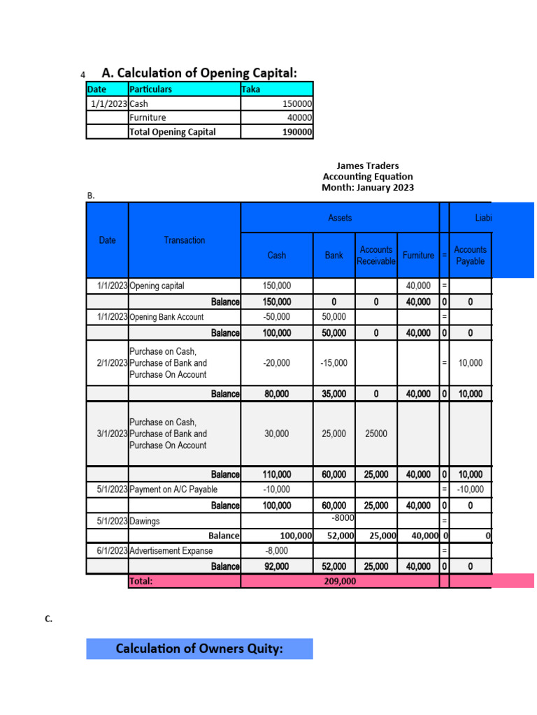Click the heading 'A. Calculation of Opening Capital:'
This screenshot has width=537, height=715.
[199, 73]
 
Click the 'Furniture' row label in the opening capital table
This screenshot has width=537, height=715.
[148, 117]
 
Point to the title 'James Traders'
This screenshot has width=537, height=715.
[368, 165]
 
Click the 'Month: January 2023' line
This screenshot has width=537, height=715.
[368, 187]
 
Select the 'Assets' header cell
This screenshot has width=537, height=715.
[340, 218]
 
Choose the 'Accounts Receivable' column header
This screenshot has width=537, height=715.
[376, 255]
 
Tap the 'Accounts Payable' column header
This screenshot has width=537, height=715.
[470, 255]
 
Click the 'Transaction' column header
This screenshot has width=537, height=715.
[185, 240]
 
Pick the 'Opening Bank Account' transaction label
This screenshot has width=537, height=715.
[166, 317]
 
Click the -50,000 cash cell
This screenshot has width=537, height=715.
[277, 317]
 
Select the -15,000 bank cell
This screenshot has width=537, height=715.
[334, 363]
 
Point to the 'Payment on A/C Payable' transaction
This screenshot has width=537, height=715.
[173, 489]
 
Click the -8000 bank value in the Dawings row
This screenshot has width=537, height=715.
[343, 518]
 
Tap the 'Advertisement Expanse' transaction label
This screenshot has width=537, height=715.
[171, 551]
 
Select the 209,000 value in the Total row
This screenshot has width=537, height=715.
[340, 581]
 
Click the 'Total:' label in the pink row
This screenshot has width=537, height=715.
[141, 581]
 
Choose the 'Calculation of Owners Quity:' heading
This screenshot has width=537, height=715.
[199, 649]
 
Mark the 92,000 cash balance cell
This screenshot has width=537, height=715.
[277, 566]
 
